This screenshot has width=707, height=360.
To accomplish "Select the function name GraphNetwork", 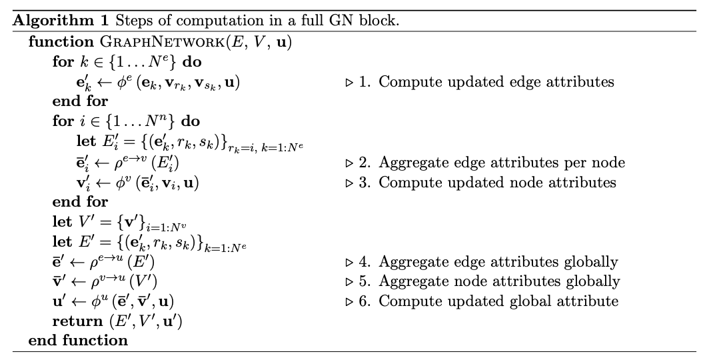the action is [161, 42].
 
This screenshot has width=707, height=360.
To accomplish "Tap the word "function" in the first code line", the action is [61, 41].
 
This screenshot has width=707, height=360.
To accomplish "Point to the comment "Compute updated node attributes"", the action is [497, 182].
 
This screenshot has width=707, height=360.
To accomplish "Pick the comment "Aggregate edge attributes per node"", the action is [502, 163].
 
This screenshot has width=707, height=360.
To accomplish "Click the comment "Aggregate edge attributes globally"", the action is [498, 261].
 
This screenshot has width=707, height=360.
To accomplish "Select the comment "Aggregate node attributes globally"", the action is [499, 281].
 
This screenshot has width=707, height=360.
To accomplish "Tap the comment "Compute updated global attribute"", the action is [498, 301].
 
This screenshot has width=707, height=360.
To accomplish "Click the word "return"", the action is [77, 321].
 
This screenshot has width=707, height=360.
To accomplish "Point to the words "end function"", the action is [78, 341].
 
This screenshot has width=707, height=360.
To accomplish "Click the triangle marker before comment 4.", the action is [349, 262].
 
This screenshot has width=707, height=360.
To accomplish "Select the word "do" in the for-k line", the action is [192, 62].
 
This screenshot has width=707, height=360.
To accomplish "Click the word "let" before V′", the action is [62, 221].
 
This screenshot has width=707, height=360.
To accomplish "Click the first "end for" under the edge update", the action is [80, 101].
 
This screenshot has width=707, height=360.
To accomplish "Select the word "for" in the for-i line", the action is [63, 121].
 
